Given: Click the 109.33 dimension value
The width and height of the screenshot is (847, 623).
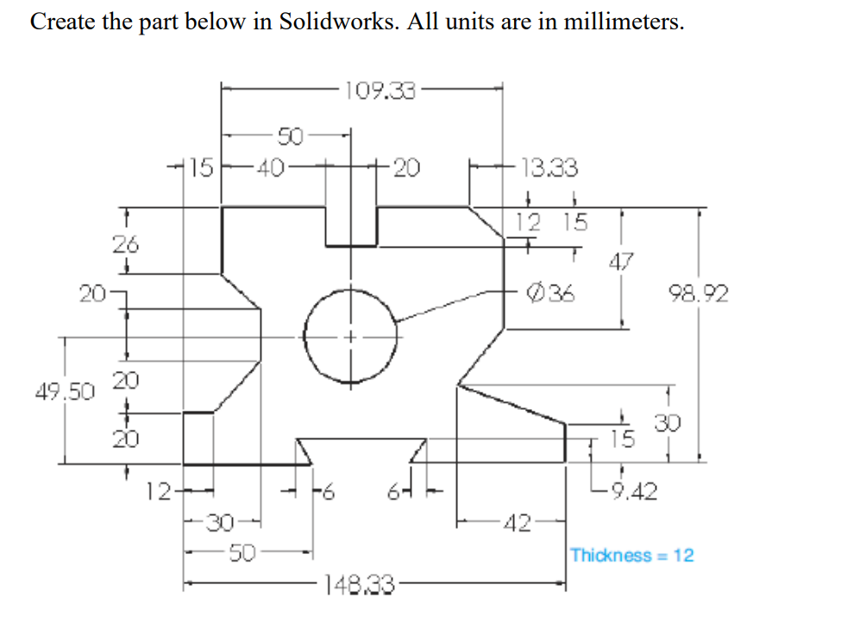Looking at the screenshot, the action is [x=380, y=90].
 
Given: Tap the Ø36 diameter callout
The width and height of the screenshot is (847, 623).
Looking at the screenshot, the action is [x=552, y=293].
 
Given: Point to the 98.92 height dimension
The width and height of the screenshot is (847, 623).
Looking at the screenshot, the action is [x=699, y=295].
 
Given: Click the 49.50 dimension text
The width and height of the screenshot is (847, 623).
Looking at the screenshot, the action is [x=65, y=392].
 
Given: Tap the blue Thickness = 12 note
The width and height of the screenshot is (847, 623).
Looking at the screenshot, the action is [x=631, y=555].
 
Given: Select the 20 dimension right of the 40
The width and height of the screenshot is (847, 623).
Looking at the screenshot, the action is [x=405, y=167].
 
